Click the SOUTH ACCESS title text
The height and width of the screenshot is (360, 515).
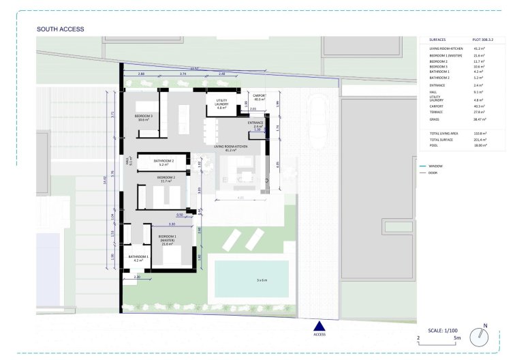click(60, 29)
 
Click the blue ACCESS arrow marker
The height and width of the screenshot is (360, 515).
click(319, 327)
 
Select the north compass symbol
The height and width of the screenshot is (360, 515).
click(483, 335)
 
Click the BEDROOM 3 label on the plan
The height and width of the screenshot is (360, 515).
click(143, 117)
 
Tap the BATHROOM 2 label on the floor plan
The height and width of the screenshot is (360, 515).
click(163, 162)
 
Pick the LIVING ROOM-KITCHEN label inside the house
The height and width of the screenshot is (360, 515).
click(230, 147)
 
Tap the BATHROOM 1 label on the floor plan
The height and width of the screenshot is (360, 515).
click(139, 258)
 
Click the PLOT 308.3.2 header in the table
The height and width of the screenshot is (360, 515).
click(484, 41)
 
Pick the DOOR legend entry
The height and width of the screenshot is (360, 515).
click(433, 172)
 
